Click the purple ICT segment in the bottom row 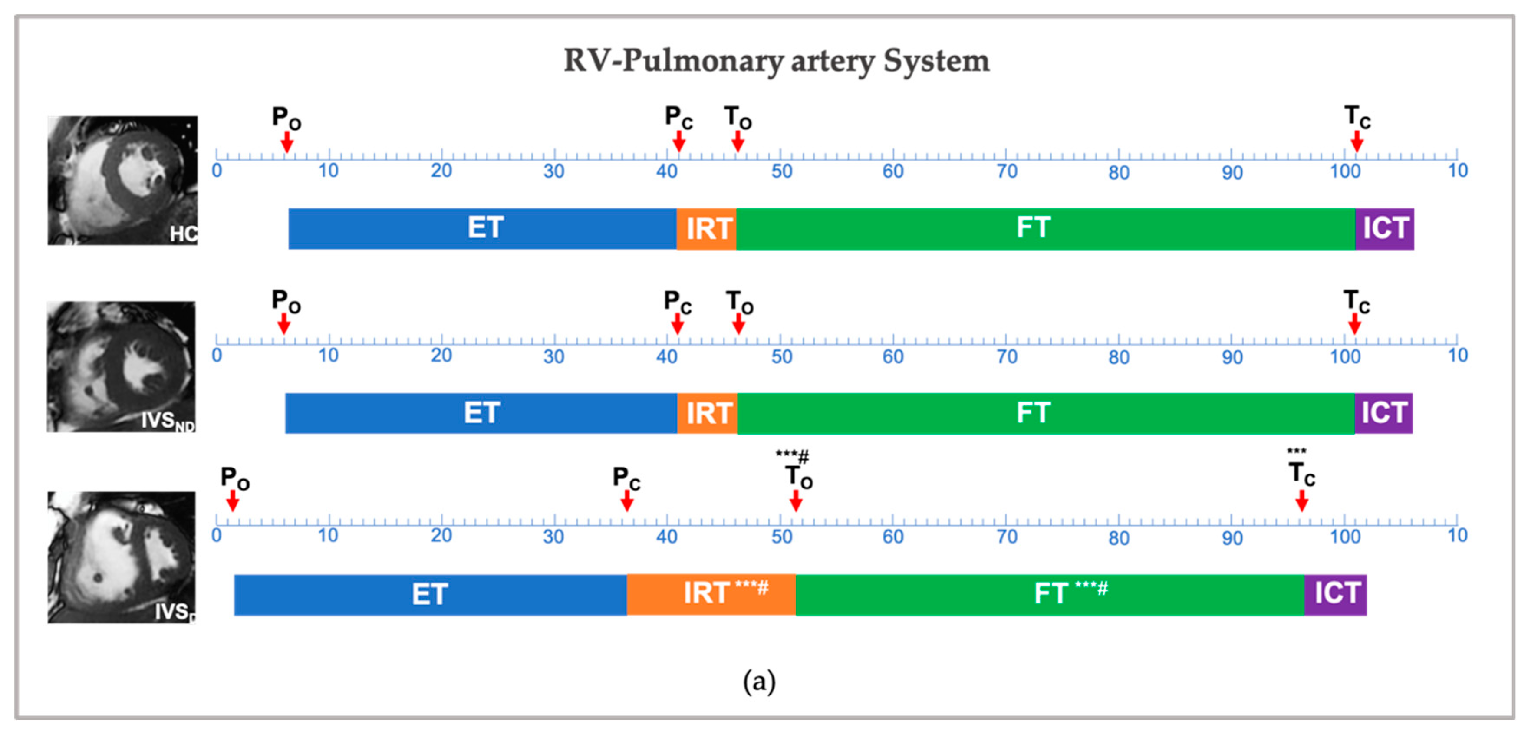(x=1335, y=594)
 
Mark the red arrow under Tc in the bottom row (x=1302, y=501)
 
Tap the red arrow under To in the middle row (x=738, y=324)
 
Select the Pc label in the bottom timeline (x=626, y=478)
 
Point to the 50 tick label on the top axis (x=782, y=172)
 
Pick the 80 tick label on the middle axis (x=1119, y=358)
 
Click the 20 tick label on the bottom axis (x=441, y=536)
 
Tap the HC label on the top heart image (x=183, y=234)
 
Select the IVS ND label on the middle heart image (x=167, y=421)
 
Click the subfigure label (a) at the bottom (x=759, y=682)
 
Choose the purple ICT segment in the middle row (x=1384, y=413)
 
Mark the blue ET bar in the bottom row (x=430, y=594)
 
